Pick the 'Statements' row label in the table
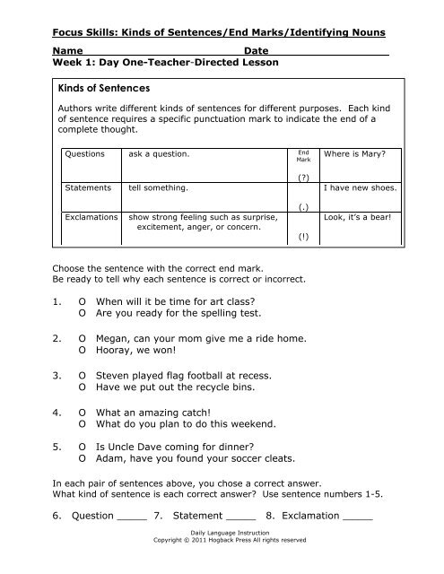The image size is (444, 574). coord(88,189)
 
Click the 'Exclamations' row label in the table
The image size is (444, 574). coord(92,217)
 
